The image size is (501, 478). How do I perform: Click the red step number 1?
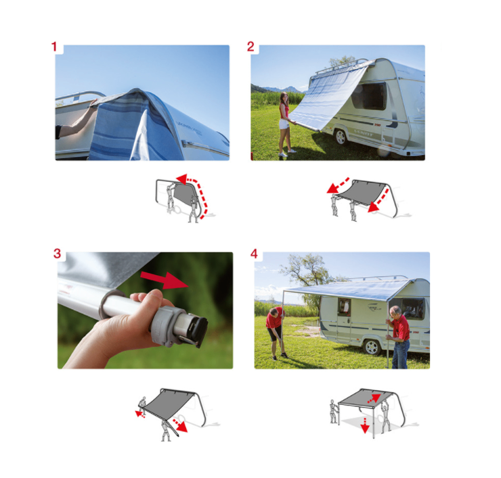54,47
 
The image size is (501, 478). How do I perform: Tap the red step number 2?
250,47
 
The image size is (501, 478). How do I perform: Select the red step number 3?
57,254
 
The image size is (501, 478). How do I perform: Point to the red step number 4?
254,254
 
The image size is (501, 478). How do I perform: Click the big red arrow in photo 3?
165,280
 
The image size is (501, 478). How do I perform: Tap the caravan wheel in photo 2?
341,137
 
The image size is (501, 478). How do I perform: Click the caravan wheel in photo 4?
371,347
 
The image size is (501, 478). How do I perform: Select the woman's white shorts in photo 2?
284,124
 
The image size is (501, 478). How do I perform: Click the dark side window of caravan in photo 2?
369,96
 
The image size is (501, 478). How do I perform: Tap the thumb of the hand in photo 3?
150,296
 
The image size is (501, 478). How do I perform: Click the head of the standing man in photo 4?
395,312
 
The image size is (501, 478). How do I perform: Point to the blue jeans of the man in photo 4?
400,354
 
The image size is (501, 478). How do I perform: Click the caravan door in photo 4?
344,319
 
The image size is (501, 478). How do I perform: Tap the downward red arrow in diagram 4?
365,425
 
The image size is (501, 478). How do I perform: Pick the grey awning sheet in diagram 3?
168,405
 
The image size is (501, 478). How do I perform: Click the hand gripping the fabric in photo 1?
94,103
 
